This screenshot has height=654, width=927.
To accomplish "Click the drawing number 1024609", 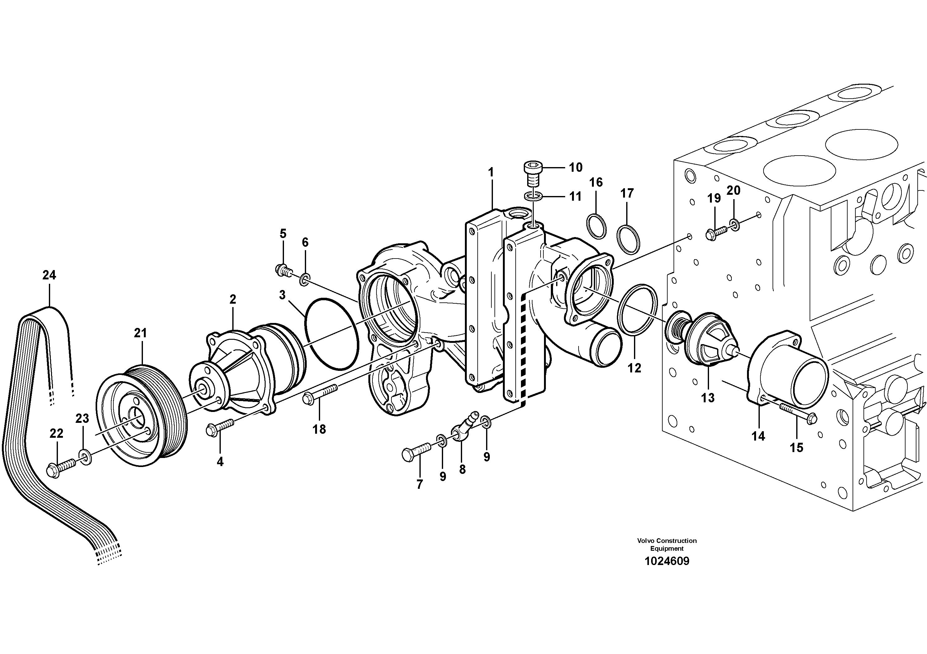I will tap(667, 561).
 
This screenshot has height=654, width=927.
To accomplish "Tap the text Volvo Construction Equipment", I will tap(667, 544).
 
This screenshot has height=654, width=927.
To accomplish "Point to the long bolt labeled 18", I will tap(319, 395).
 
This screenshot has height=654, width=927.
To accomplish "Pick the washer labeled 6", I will tap(305, 279).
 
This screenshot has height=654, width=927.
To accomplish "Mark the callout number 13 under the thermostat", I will tap(707, 398).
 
